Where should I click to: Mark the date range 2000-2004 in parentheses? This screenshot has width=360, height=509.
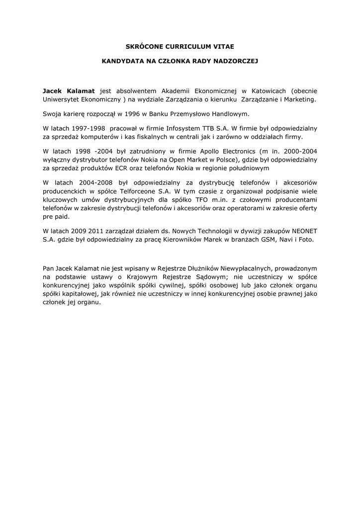click(300, 151)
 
